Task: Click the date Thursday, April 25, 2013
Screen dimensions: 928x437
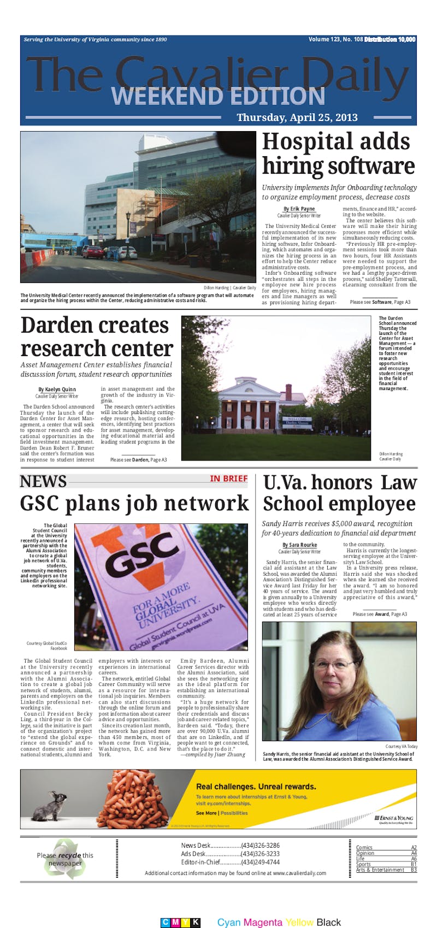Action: (297, 117)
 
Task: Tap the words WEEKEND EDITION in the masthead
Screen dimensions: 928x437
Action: (218, 97)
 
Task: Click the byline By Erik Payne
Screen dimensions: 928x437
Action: (299, 209)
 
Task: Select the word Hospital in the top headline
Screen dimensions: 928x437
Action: (336, 142)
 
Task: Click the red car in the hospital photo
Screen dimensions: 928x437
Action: (93, 252)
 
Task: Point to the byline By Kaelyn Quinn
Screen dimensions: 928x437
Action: (57, 389)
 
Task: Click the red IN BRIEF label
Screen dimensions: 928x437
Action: (229, 478)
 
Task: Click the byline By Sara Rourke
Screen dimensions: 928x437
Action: (299, 545)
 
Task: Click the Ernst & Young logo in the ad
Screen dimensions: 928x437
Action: (394, 818)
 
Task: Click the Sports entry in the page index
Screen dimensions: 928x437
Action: (364, 864)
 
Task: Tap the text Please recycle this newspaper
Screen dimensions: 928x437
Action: (65, 859)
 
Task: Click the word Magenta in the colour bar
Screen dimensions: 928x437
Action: (263, 923)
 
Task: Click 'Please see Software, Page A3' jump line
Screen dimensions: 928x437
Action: (380, 302)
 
